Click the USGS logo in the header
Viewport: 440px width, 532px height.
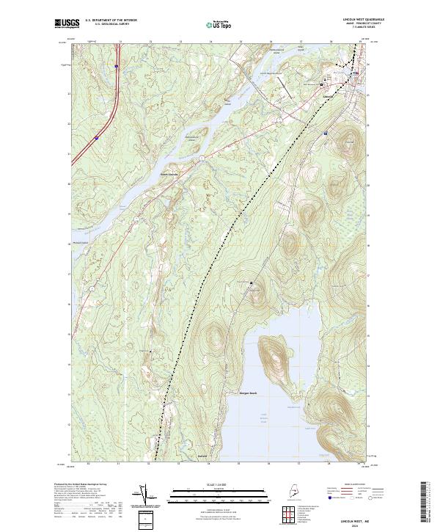pyautogui.click(x=66, y=23)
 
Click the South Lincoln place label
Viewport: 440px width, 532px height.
pyautogui.click(x=169, y=174)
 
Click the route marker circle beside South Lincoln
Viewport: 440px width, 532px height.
pyautogui.click(x=199, y=156)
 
